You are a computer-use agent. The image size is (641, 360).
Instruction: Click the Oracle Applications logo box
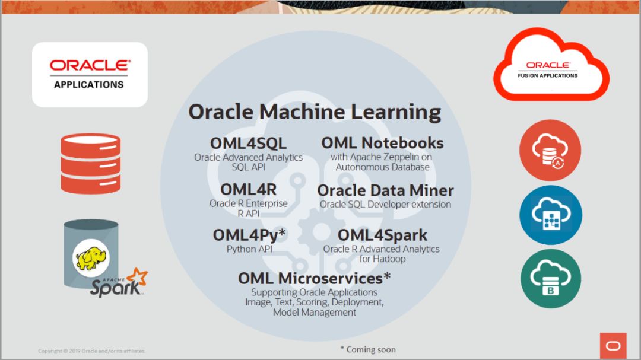click(90, 75)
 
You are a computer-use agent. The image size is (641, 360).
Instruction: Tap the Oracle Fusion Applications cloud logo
click(551, 65)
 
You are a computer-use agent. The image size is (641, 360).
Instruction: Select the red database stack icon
click(91, 164)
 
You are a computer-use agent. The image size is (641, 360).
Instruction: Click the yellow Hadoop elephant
click(91, 258)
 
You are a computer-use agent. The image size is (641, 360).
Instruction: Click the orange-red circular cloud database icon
click(550, 151)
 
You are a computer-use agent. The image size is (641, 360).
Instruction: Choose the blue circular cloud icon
click(551, 215)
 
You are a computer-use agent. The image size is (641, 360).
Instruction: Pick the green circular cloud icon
click(551, 279)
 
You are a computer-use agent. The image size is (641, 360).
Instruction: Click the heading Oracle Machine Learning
click(315, 112)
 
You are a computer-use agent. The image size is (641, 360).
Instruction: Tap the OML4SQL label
click(248, 144)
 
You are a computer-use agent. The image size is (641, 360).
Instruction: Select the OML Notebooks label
click(382, 143)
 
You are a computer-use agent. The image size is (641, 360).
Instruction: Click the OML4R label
click(249, 190)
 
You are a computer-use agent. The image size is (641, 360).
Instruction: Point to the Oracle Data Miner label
click(386, 190)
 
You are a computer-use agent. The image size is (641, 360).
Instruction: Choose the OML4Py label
click(249, 235)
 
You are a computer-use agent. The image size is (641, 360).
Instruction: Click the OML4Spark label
click(382, 235)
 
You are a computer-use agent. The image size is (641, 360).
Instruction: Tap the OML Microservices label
click(315, 278)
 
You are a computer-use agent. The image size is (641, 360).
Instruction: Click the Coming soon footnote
click(368, 349)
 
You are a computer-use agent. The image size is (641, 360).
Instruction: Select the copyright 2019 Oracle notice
click(91, 351)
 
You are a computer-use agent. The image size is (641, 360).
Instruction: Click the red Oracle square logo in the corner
click(613, 346)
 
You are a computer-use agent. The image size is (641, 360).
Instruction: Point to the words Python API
click(249, 249)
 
